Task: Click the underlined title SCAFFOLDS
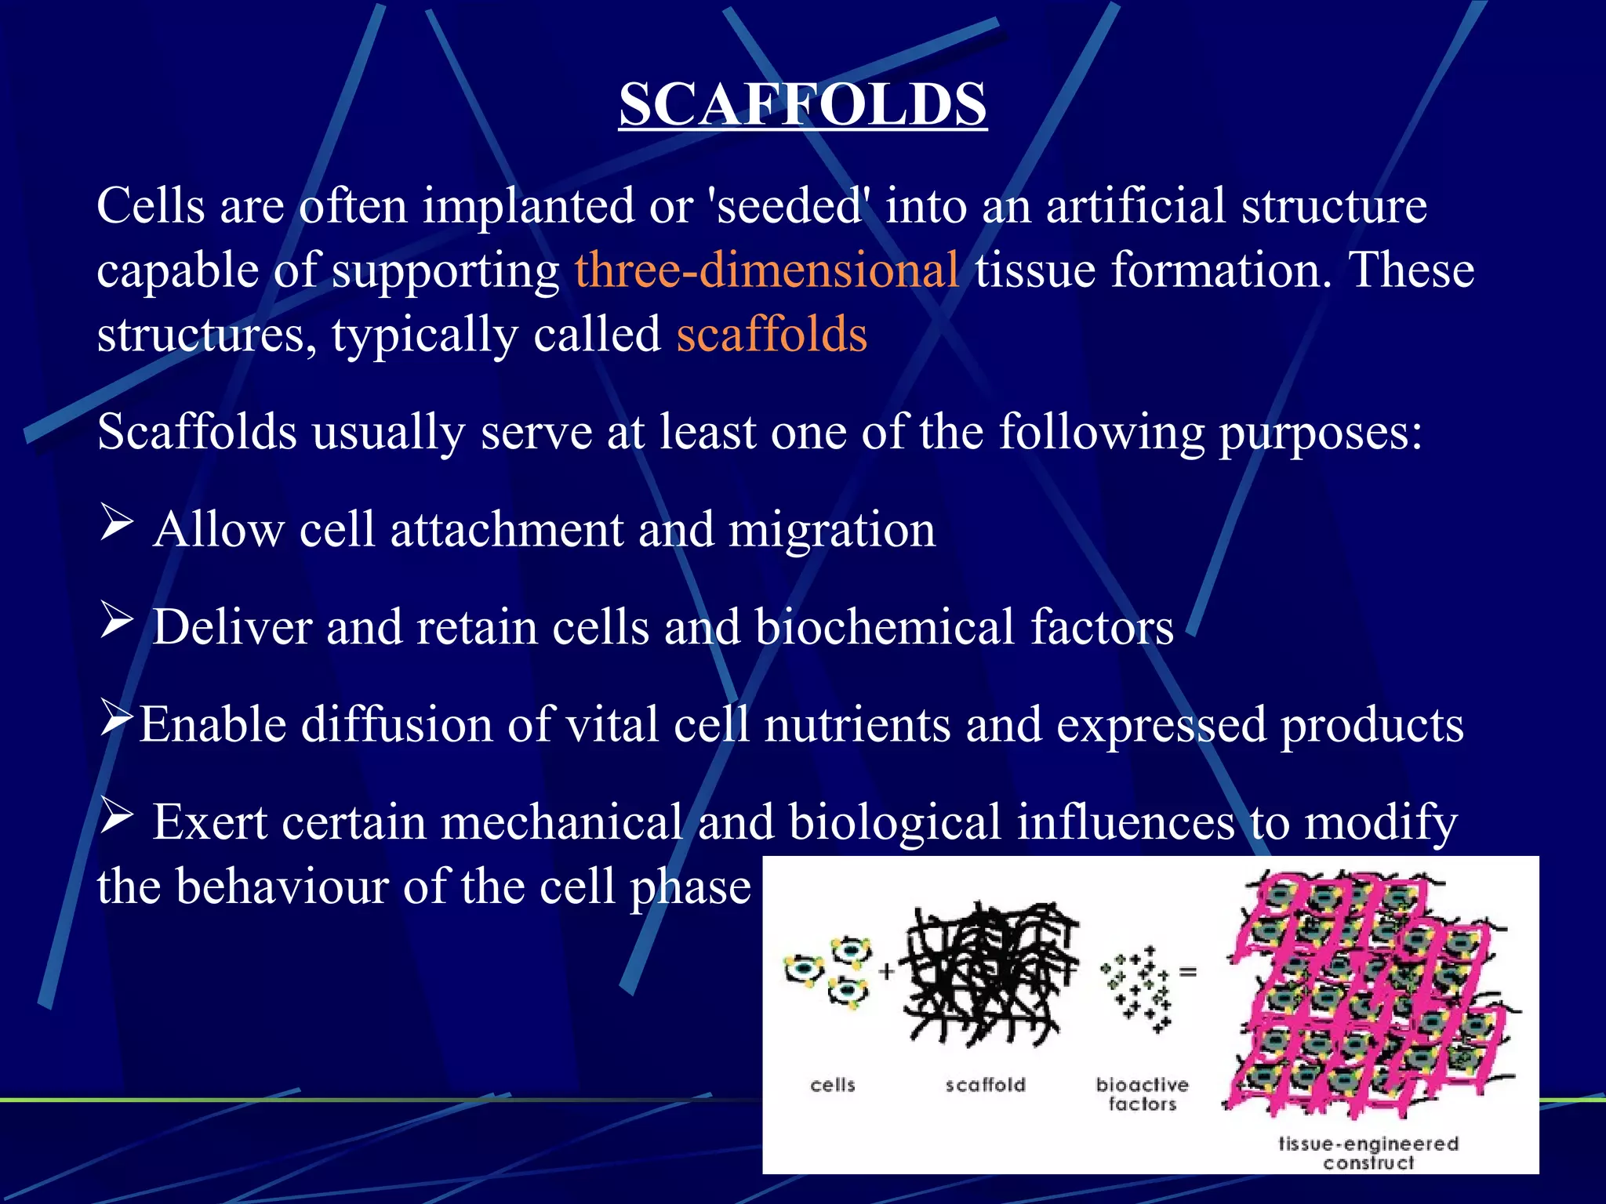point(802,104)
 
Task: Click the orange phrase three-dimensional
point(766,270)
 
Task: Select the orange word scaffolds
point(772,335)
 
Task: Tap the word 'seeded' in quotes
point(789,206)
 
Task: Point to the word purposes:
point(1320,433)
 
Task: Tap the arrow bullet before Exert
point(117,817)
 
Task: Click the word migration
point(832,531)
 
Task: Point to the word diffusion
point(397,725)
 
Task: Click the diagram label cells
point(832,1085)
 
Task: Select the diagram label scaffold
point(985,1085)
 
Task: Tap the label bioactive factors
point(1142,1094)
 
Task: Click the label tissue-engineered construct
point(1368,1152)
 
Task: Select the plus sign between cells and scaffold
point(886,972)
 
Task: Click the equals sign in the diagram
point(1188,972)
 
